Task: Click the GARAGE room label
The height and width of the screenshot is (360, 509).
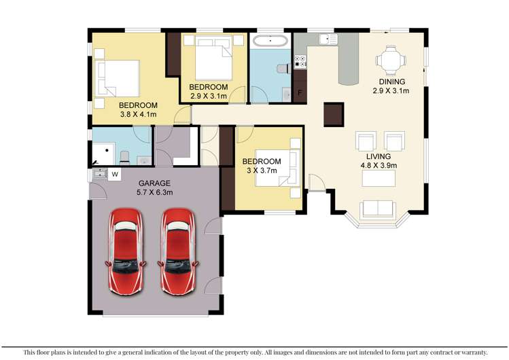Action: [x=155, y=183]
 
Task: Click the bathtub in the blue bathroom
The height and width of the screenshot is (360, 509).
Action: [x=270, y=41]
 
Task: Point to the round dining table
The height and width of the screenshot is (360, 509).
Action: [x=391, y=61]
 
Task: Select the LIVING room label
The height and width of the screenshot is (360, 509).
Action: [x=378, y=156]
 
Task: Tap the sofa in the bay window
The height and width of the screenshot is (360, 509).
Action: [x=379, y=209]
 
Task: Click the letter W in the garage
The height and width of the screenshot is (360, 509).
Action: [x=115, y=175]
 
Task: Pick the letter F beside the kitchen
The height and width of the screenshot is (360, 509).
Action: [x=300, y=92]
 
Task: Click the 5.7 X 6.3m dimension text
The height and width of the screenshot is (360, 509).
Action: [x=156, y=192]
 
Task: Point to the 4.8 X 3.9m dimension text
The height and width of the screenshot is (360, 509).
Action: [x=378, y=165]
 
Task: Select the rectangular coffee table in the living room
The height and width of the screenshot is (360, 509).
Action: [x=378, y=178]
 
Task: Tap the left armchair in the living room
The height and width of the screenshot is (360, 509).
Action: [x=365, y=141]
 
